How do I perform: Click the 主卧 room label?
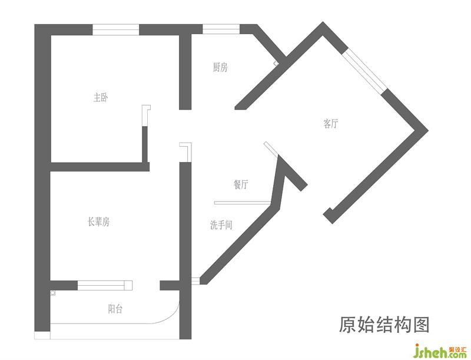tap(101, 98)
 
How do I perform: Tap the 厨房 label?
tap(220, 68)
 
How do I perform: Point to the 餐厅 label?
tap(241, 184)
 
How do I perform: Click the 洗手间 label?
tap(221, 224)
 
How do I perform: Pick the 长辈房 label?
tap(99, 222)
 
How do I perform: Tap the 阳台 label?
tap(115, 309)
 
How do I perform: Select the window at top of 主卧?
tap(115, 28)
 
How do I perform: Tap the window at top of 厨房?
tap(221, 28)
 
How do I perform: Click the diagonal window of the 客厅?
tap(365, 73)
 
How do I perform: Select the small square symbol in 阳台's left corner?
tap(53, 293)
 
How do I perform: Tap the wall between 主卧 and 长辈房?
tap(97, 166)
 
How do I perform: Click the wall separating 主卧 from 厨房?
tap(185, 71)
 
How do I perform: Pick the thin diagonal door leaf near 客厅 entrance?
tap(271, 150)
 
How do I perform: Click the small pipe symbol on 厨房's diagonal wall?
tap(276, 63)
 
